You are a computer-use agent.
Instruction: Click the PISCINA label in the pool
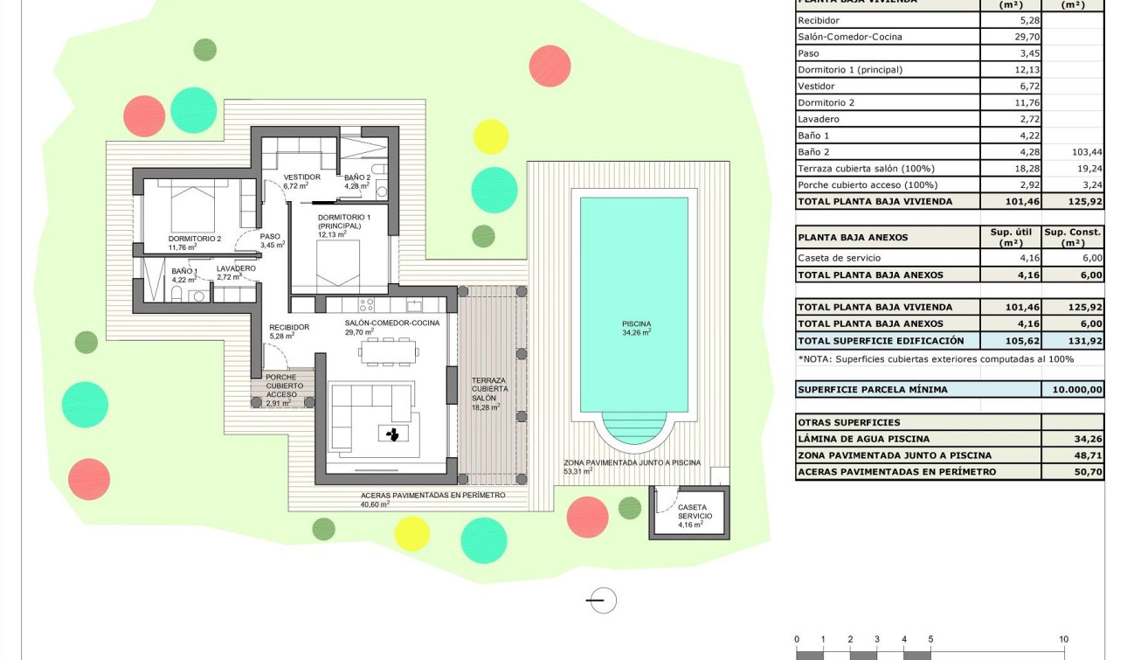(x=636, y=324)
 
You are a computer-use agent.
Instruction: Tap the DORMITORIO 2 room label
(x=194, y=239)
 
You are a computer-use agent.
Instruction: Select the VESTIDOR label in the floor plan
(x=302, y=177)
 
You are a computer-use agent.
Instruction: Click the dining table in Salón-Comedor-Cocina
(x=388, y=351)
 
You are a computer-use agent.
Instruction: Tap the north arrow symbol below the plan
(x=600, y=601)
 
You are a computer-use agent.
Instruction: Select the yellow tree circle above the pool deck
(x=491, y=137)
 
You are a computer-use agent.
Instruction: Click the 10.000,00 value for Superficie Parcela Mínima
(x=1072, y=390)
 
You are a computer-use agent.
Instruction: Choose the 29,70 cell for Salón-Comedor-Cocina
(x=1011, y=37)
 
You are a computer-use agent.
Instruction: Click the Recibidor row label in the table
(x=819, y=20)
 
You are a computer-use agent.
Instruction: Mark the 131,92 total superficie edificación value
(x=1072, y=341)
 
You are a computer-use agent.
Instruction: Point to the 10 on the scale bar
(x=1063, y=640)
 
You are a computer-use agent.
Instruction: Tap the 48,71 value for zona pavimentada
(x=1072, y=455)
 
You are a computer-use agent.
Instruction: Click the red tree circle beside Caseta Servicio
(x=587, y=517)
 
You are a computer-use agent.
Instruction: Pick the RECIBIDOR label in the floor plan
(x=289, y=328)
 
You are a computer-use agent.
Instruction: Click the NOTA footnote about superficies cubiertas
(x=935, y=359)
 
